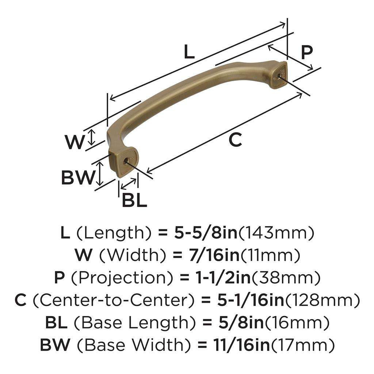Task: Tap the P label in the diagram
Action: coord(307,52)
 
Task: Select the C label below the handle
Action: coord(236,140)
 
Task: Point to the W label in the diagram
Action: coord(75,142)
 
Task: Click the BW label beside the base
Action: coord(78,178)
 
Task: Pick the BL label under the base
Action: coord(134,200)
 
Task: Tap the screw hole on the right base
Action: coord(279,76)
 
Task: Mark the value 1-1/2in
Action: coord(222,278)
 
